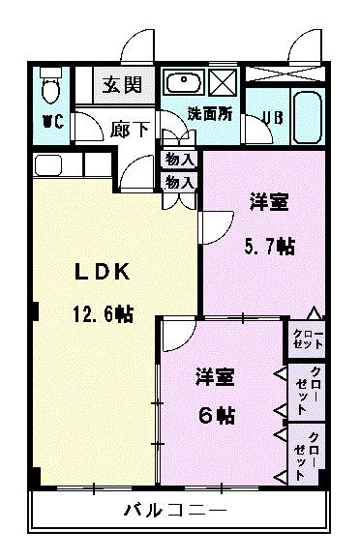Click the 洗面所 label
tap(210, 112)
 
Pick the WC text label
tap(51, 123)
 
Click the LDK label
tap(102, 273)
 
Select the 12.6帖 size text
tap(101, 313)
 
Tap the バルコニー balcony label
tap(175, 511)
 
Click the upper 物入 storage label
tap(180, 159)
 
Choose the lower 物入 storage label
tap(180, 182)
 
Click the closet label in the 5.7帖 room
tap(309, 339)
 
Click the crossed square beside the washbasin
tap(224, 81)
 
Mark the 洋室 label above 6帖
tap(214, 375)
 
